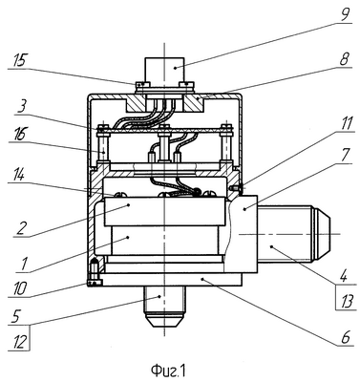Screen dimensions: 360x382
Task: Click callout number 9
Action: (345, 15)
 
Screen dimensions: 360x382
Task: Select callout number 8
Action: (345, 59)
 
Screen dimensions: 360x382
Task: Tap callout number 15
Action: (18, 61)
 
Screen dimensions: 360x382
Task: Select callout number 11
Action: (345, 123)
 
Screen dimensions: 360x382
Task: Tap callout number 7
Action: (346, 156)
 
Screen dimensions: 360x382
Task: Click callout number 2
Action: (20, 228)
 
